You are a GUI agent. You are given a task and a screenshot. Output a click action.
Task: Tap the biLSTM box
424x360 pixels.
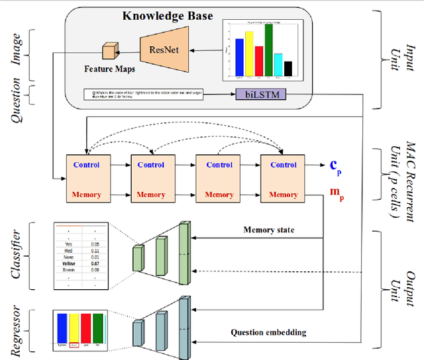[257, 95]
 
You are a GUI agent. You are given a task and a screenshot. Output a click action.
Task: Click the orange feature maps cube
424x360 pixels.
[109, 50]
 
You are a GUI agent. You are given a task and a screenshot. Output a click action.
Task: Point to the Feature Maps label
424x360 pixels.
[106, 68]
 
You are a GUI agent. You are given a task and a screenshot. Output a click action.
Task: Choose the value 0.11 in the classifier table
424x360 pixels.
[95, 251]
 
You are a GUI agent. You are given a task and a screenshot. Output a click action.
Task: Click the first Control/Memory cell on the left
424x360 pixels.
[86, 177]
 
